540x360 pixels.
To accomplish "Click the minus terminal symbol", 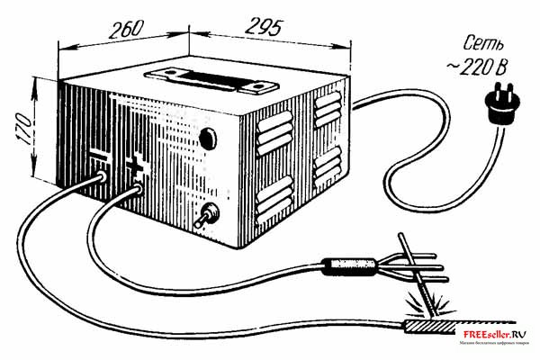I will [100, 158].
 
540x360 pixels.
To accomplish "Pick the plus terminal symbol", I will [136, 165].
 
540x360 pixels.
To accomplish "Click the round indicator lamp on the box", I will [208, 139].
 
